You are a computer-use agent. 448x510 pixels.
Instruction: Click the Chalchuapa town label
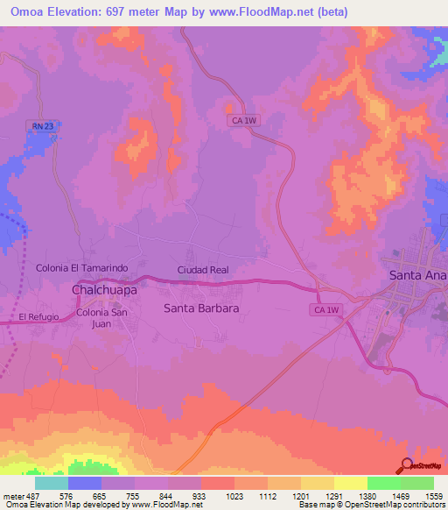(103, 288)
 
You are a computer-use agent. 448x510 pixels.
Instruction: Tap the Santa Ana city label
(417, 275)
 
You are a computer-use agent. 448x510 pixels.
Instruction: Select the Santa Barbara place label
(201, 308)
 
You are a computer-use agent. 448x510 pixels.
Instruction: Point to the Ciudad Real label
(203, 270)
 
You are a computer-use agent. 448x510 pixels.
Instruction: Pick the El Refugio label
(37, 317)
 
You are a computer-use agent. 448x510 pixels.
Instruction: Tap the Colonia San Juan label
(102, 318)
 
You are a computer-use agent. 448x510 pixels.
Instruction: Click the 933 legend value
(199, 496)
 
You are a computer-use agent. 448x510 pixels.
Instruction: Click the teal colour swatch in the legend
(52, 483)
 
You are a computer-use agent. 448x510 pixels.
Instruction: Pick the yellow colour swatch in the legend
(350, 483)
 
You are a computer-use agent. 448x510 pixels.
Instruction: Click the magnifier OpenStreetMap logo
(407, 466)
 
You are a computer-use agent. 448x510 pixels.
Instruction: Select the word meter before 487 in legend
(13, 496)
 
